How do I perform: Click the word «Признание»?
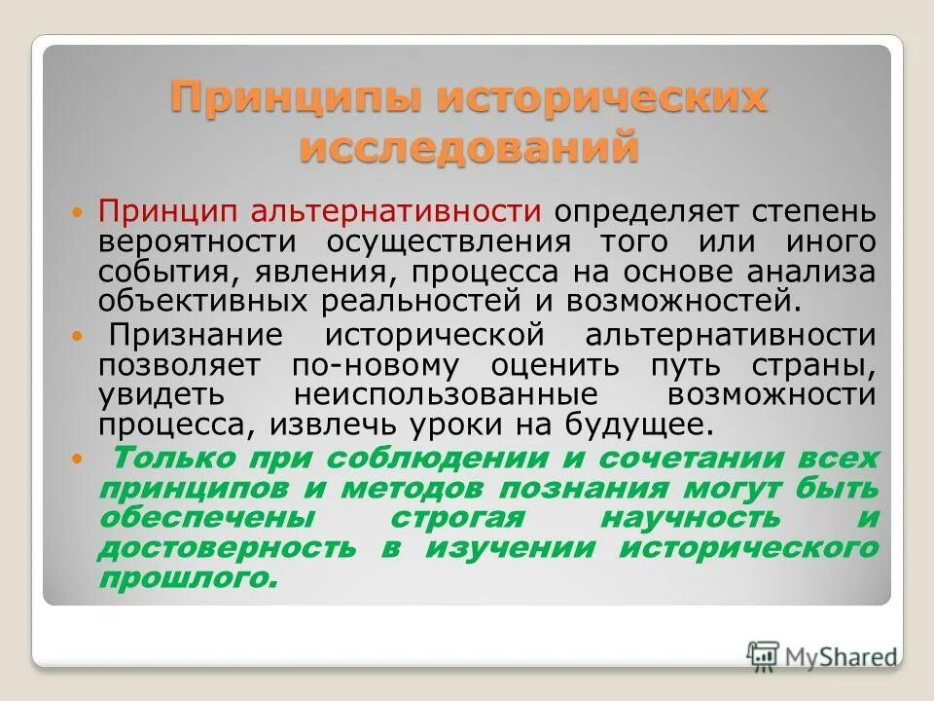197,336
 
